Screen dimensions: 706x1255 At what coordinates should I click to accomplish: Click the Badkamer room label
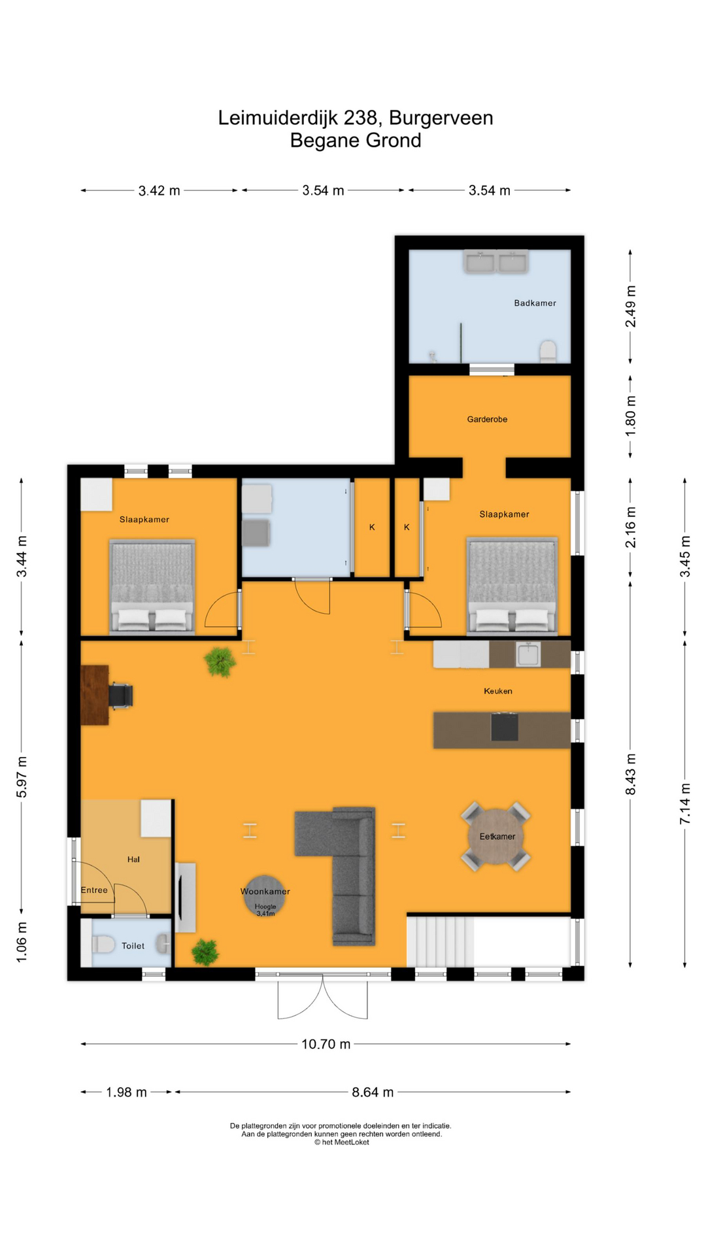click(535, 303)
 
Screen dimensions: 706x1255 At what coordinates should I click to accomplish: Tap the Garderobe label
click(487, 420)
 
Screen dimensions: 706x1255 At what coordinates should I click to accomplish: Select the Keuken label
click(498, 691)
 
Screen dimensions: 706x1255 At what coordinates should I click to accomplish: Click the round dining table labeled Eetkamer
click(496, 837)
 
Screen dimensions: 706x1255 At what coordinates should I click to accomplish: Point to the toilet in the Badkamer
click(548, 351)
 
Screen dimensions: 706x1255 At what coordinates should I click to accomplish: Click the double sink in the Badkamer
click(496, 262)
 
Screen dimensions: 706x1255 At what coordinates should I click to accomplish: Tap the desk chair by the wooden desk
click(121, 695)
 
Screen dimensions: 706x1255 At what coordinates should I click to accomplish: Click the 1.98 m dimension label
click(126, 1092)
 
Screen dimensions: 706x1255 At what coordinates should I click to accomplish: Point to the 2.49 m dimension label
click(631, 307)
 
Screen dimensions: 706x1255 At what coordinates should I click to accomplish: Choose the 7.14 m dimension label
click(685, 803)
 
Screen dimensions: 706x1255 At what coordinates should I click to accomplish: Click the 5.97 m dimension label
click(22, 777)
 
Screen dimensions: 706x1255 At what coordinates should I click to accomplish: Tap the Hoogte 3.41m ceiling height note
click(265, 910)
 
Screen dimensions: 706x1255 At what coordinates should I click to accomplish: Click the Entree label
click(94, 890)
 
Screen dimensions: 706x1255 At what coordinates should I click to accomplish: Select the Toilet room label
click(133, 946)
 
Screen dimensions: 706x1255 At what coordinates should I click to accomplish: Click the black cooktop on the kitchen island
click(505, 727)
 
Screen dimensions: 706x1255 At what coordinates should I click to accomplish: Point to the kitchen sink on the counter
click(528, 654)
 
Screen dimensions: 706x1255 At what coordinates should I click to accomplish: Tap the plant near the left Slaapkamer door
click(220, 662)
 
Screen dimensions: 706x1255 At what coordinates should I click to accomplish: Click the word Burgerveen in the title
click(441, 118)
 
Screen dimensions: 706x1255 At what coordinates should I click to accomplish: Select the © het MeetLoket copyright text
click(341, 1142)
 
